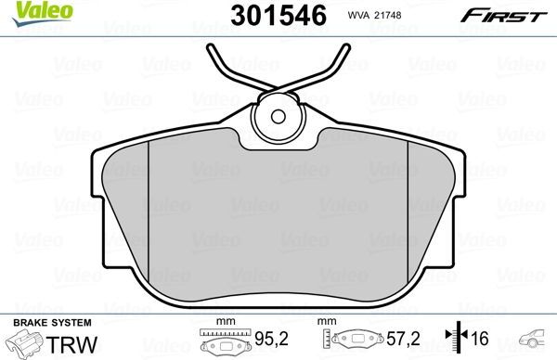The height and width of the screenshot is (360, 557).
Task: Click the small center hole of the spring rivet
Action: pos(279,117)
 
